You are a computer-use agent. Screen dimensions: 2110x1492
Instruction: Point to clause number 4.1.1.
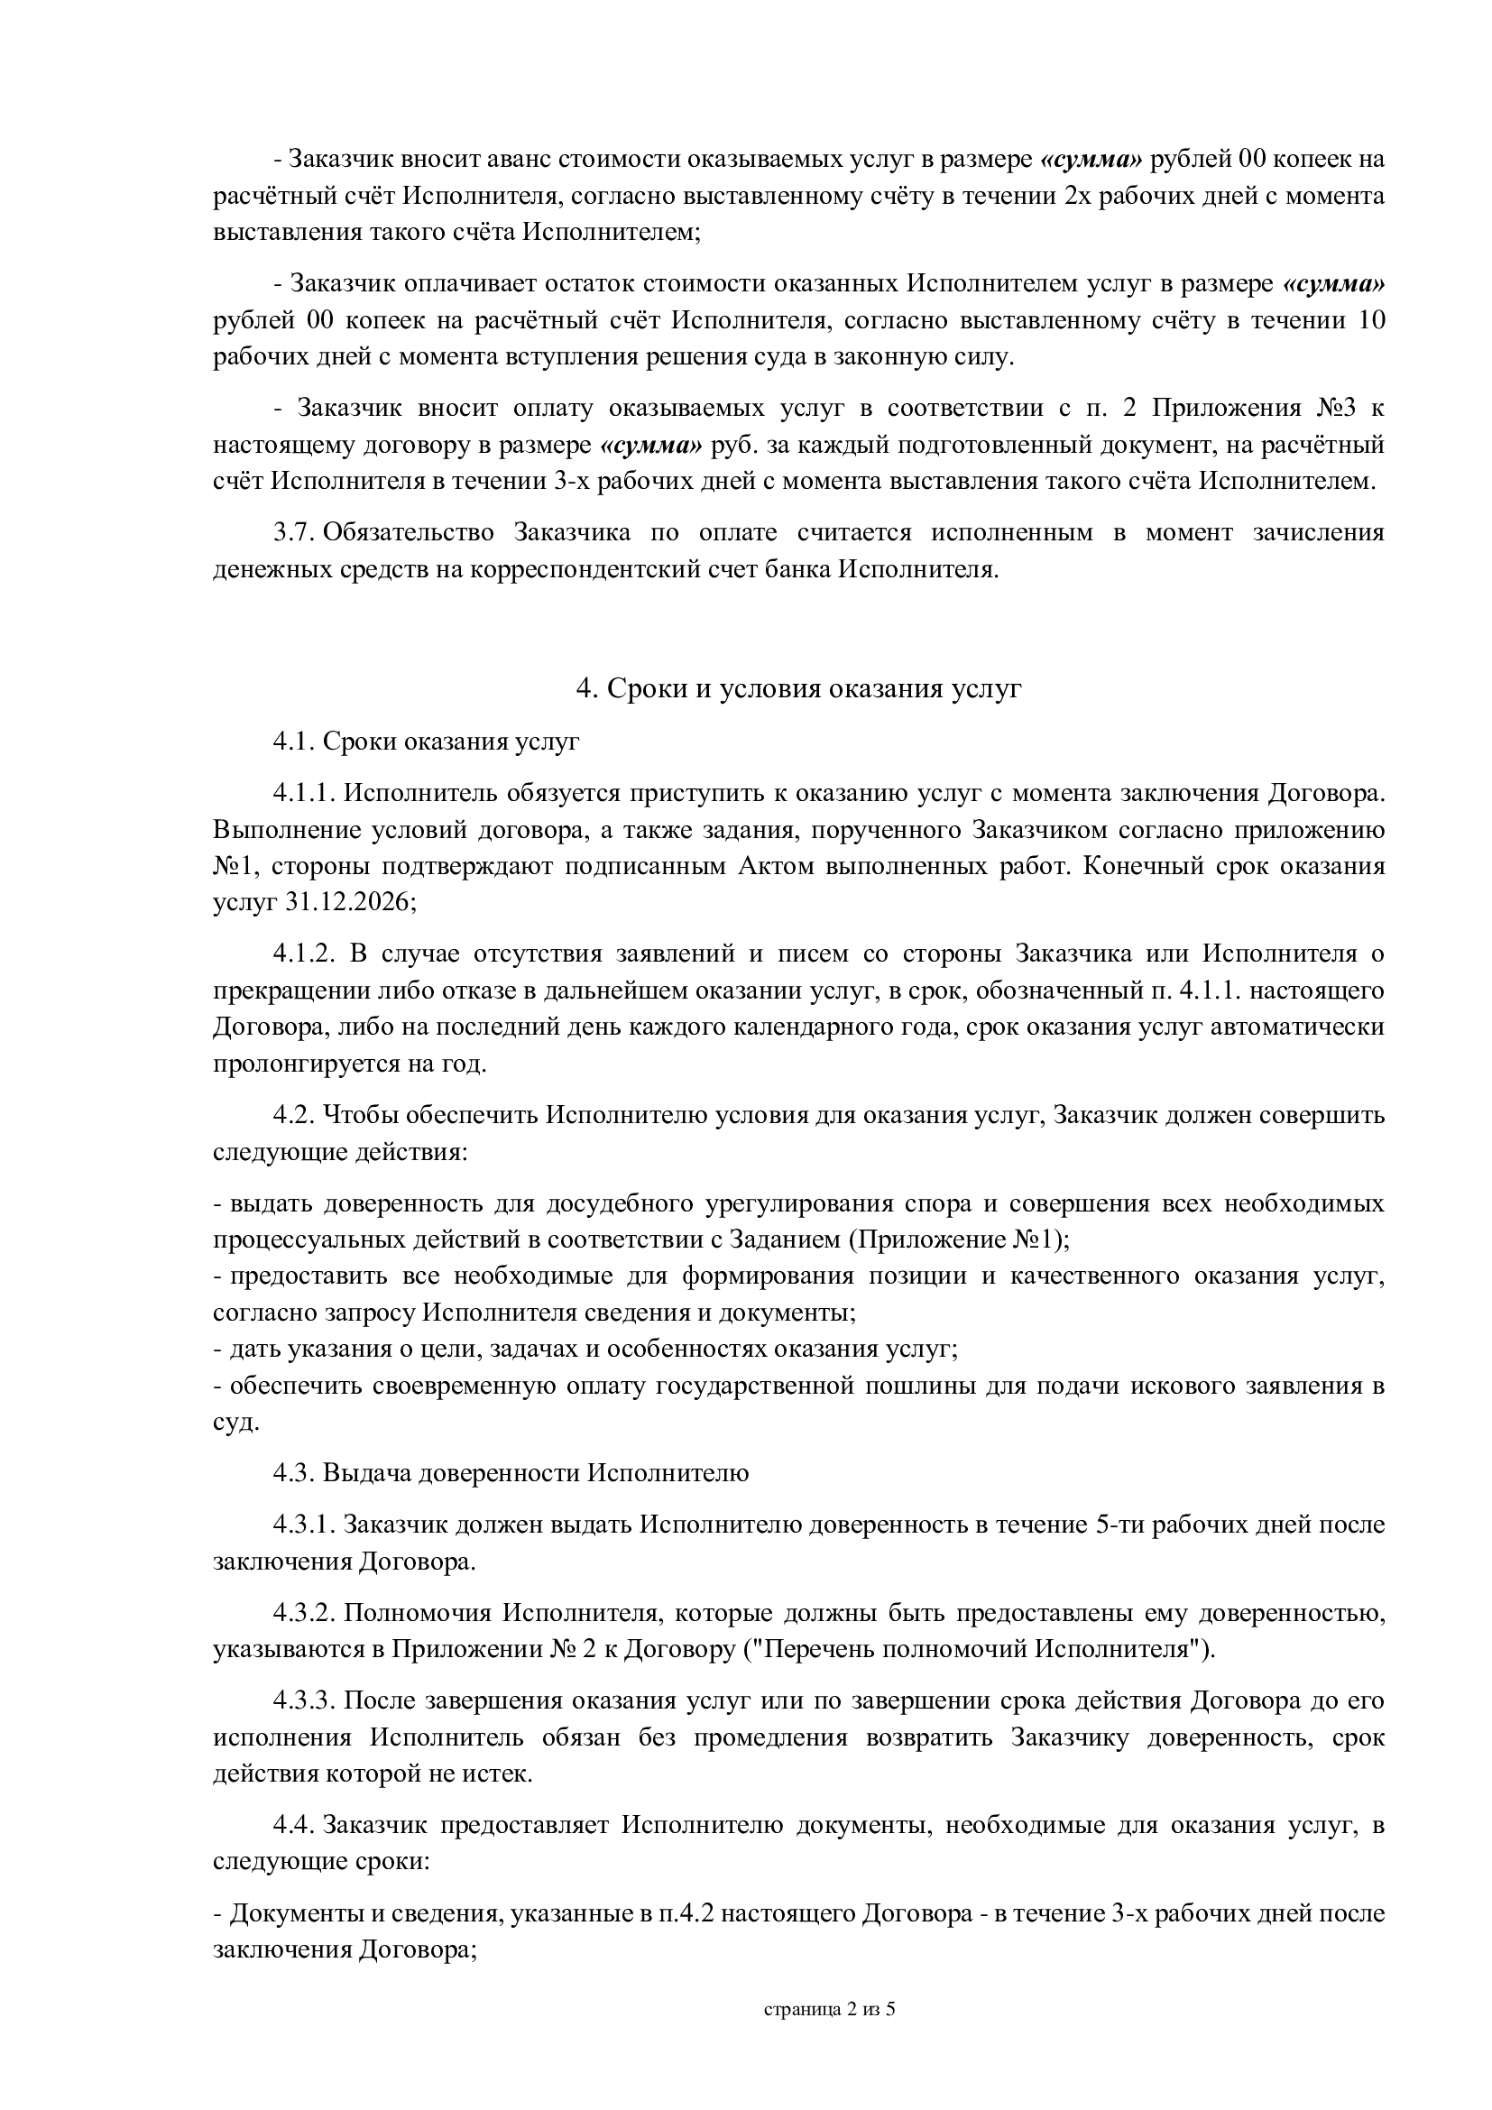coord(306,792)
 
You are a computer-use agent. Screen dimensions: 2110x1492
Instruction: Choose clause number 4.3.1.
coord(306,1525)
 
